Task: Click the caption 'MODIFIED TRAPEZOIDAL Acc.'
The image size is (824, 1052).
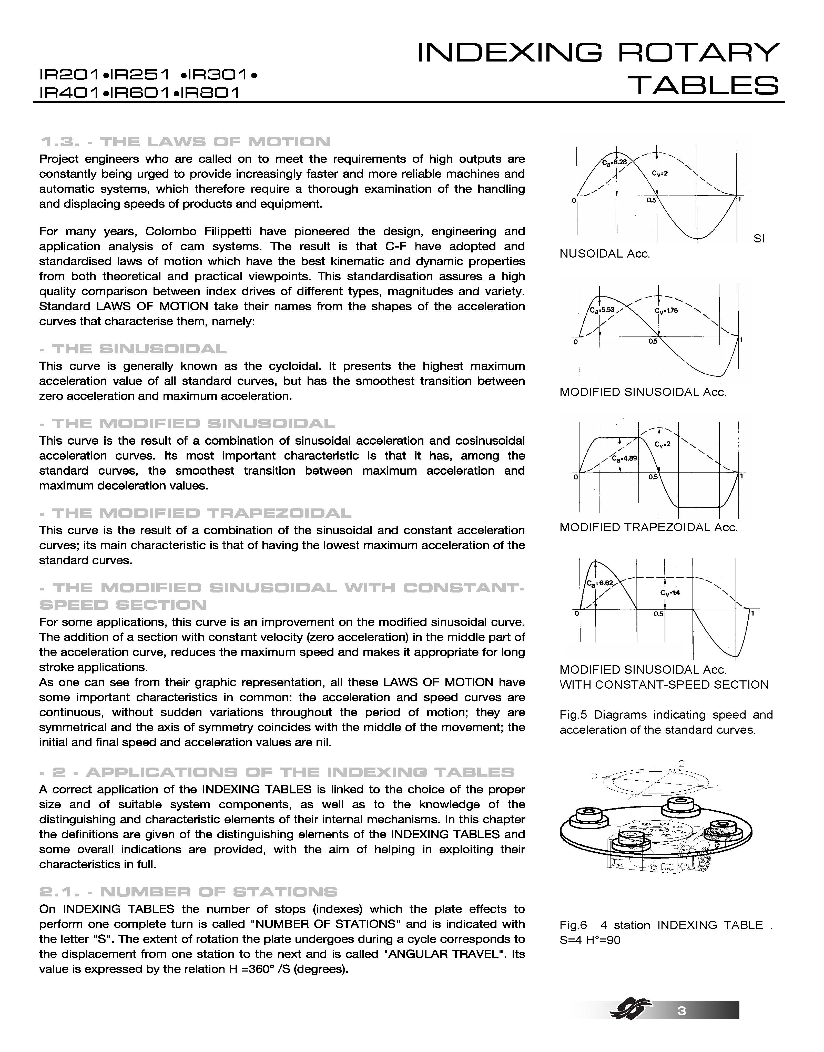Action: [x=648, y=528]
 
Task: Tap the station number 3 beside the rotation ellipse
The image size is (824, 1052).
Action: [x=594, y=776]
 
